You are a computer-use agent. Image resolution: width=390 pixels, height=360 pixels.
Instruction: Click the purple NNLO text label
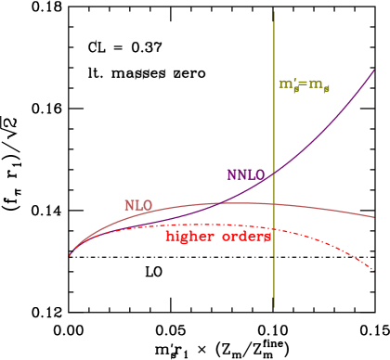point(245,174)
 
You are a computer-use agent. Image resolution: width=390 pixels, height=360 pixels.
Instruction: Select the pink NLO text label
point(138,205)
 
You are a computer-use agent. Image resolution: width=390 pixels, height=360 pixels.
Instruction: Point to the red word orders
point(247,237)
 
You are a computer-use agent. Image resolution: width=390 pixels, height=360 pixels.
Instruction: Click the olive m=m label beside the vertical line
point(305,84)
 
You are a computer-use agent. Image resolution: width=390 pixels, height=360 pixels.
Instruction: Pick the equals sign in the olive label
point(304,84)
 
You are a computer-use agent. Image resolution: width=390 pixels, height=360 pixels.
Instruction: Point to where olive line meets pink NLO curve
point(274,203)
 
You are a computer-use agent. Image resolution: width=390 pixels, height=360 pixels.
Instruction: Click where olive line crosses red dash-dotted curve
point(274,228)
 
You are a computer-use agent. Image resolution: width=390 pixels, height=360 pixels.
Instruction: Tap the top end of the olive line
point(274,13)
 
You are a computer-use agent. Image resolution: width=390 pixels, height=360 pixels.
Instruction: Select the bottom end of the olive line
point(274,306)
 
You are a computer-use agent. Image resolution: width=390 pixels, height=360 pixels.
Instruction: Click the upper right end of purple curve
point(374,70)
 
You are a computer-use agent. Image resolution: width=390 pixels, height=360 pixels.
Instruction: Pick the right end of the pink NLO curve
point(374,217)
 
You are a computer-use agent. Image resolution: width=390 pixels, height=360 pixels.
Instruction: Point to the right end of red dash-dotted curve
point(374,270)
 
